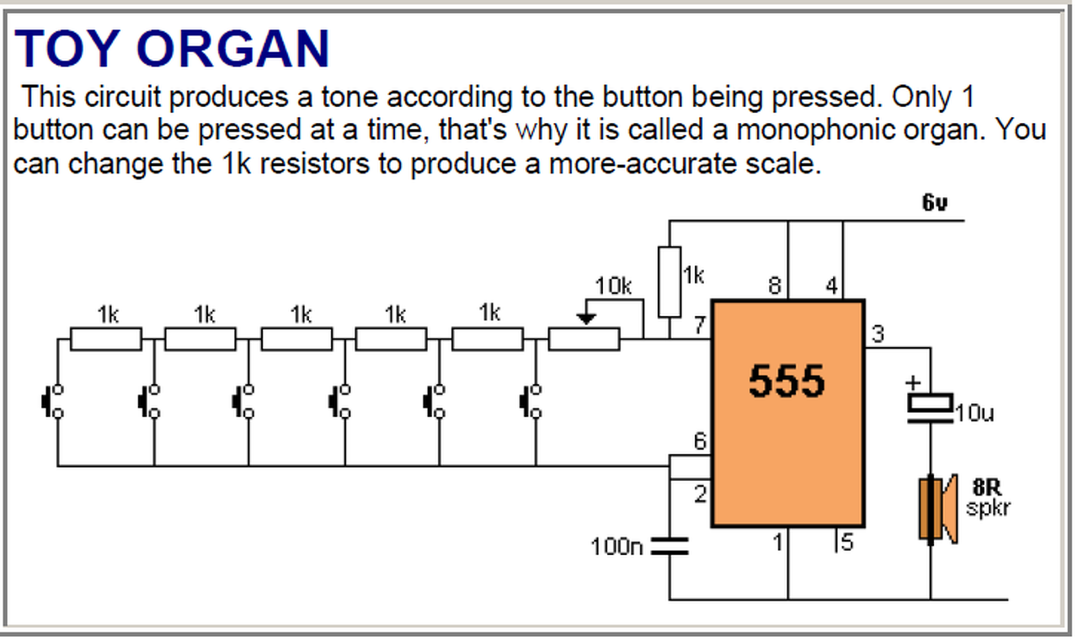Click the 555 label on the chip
pos(787,382)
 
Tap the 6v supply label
pos(935,203)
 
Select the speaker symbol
pos(936,507)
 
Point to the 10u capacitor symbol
pos(931,403)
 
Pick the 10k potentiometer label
pos(613,286)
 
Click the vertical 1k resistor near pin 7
pos(670,281)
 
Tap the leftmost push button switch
pos(53,401)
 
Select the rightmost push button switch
pos(531,401)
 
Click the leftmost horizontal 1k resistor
pos(105,339)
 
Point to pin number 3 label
pos(878,334)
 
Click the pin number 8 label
pos(774,286)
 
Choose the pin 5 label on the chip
pos(846,543)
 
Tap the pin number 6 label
pos(699,441)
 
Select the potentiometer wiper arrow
pos(588,318)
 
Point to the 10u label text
pos(975,414)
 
